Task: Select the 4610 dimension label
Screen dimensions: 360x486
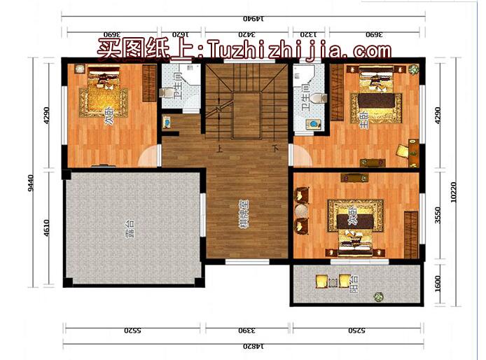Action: click(x=47, y=228)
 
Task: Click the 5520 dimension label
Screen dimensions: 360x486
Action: click(x=134, y=328)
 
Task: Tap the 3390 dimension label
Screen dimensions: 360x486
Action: click(x=248, y=328)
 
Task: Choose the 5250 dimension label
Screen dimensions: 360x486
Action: click(x=358, y=328)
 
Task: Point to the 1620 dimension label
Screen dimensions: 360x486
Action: click(x=181, y=33)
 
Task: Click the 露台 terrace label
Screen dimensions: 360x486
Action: click(x=130, y=228)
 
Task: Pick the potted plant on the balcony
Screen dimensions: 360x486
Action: click(x=379, y=297)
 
